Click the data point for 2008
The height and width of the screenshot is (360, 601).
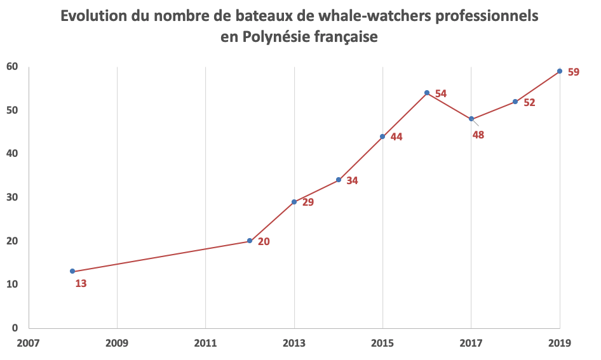(72, 271)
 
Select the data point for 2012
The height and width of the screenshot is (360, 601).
(250, 241)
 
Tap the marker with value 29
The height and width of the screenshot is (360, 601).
(294, 202)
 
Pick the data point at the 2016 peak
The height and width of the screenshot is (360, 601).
(427, 93)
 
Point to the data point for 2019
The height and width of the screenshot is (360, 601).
(560, 71)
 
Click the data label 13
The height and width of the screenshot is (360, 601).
(81, 284)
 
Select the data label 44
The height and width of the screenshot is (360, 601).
(396, 137)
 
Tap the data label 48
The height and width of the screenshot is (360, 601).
(478, 135)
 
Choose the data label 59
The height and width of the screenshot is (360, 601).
(573, 72)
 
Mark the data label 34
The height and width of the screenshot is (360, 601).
(352, 180)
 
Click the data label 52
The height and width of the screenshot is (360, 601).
(529, 102)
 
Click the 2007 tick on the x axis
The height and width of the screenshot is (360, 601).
(29, 343)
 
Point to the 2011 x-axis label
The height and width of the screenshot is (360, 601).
(206, 343)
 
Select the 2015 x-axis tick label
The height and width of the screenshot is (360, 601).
(382, 343)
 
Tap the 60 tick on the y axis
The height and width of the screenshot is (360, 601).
(12, 67)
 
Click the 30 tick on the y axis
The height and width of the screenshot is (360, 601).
(12, 197)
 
